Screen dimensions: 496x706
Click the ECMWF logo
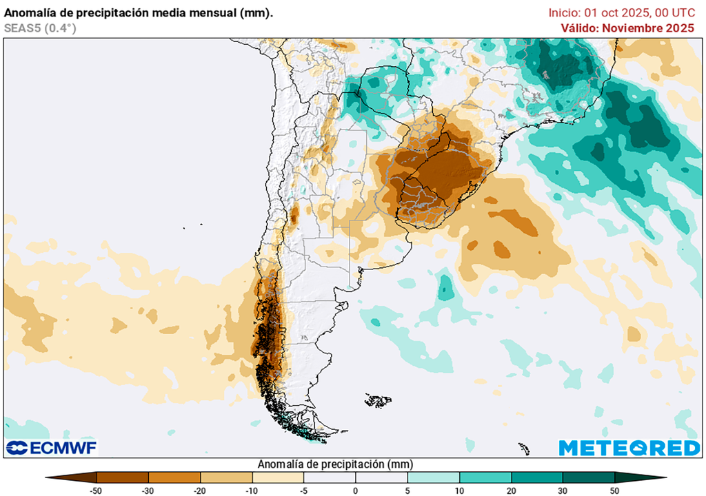52,448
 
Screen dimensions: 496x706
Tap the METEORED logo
629,448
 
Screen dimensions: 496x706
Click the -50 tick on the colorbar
97,490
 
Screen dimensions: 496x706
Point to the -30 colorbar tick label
148,490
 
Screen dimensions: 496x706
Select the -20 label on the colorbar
200,490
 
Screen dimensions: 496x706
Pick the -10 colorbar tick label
252,490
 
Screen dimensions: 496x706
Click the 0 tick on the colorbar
356,490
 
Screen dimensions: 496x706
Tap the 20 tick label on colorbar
511,490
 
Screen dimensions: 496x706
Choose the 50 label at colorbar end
614,490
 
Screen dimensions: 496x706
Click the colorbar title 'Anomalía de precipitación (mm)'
335,464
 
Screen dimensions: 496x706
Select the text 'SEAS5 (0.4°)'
40,28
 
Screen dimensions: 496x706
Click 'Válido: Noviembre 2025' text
627,28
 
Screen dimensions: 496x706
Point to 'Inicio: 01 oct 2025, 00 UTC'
621,12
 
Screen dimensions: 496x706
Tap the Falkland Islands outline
378,400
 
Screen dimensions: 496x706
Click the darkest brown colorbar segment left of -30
123,477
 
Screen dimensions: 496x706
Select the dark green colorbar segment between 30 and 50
588,477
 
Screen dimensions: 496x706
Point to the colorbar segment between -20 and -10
226,477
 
